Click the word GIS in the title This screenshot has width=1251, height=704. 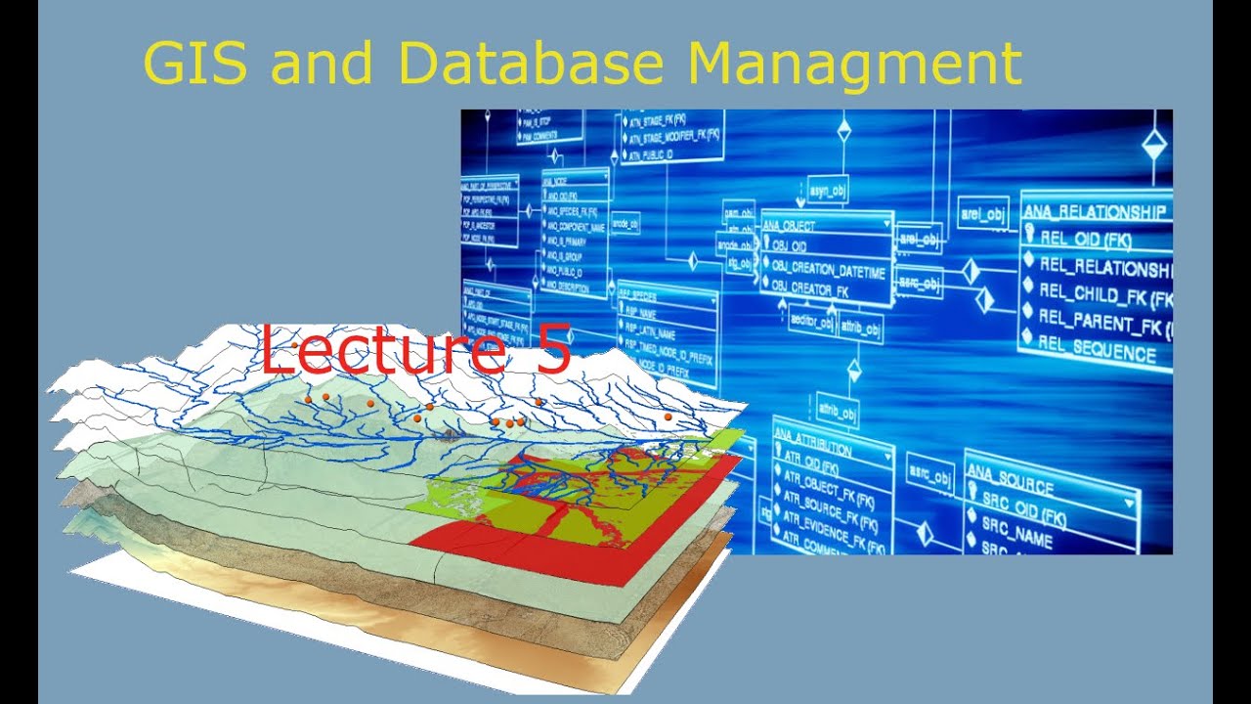pos(196,65)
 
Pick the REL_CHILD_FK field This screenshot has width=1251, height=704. pos(1104,295)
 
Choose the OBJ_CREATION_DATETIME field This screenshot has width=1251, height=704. pos(828,269)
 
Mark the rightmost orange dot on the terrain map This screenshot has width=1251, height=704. pos(669,417)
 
